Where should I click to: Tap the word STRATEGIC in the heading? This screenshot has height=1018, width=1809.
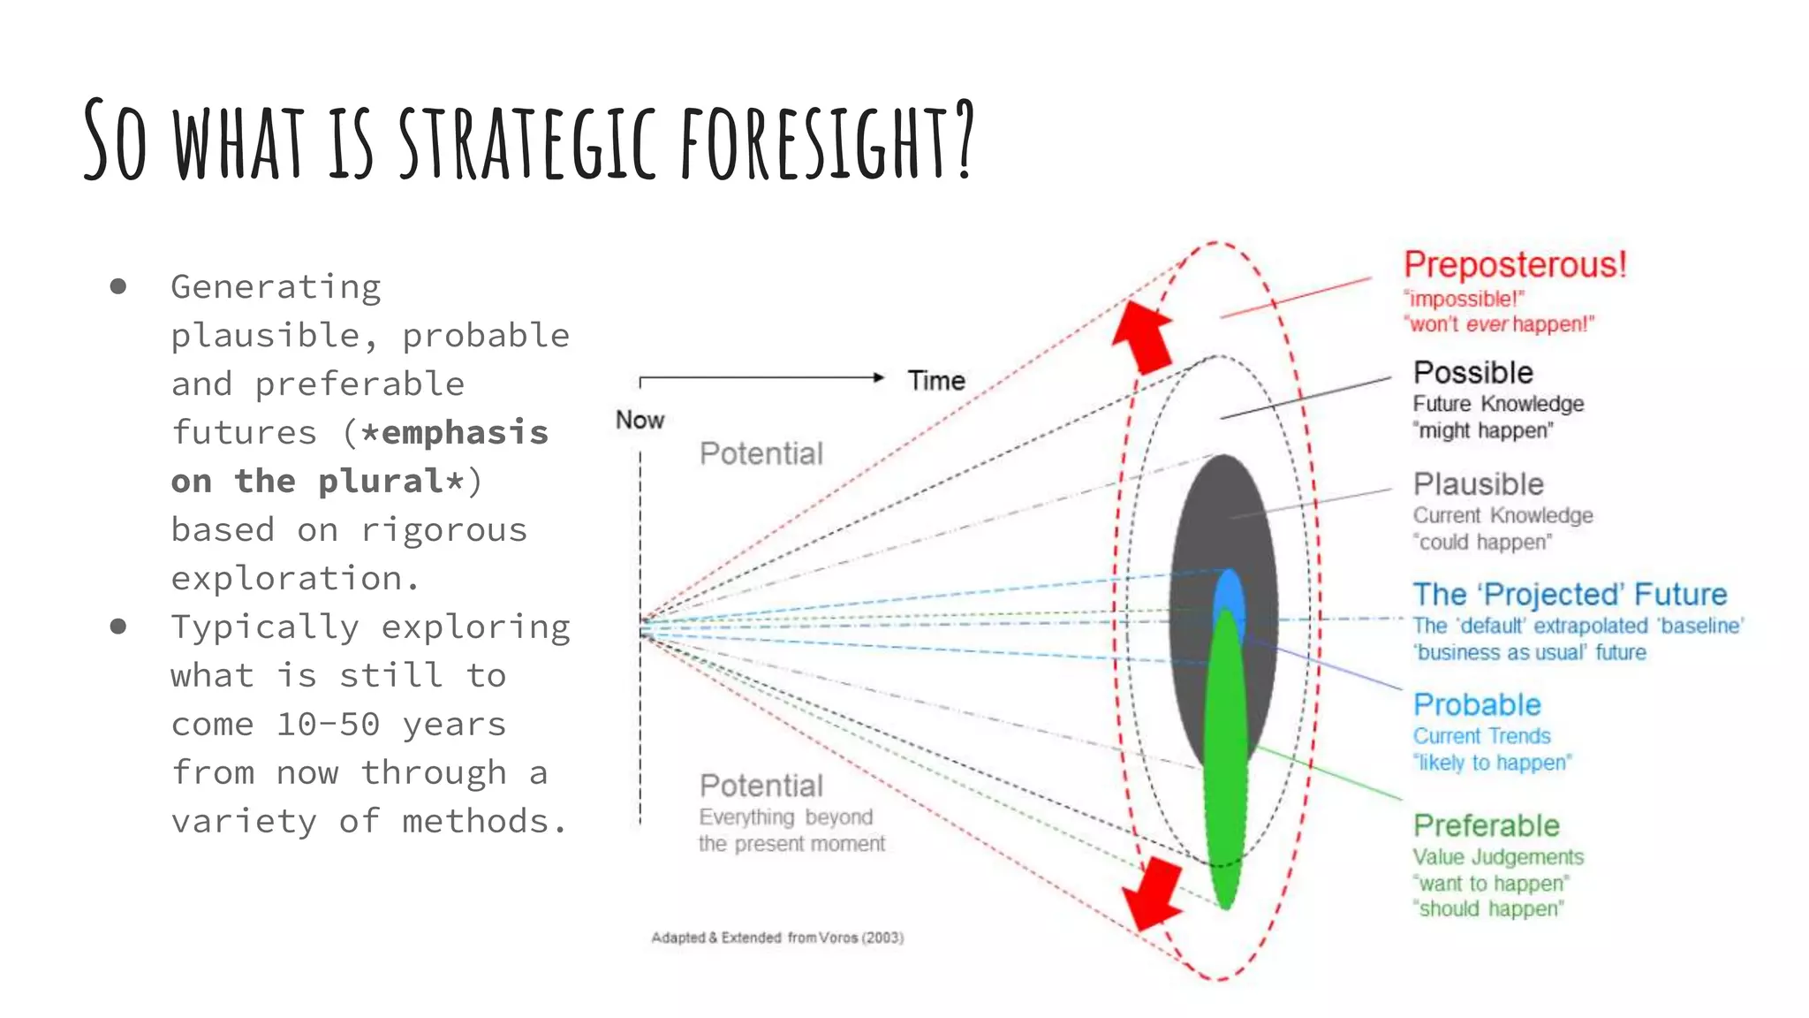pyautogui.click(x=527, y=141)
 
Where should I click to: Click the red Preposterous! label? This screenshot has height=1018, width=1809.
pyautogui.click(x=1515, y=265)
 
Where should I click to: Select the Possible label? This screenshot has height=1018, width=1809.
pyautogui.click(x=1472, y=373)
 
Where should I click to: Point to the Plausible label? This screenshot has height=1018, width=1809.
pyautogui.click(x=1478, y=484)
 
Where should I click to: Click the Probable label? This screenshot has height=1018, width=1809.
pyautogui.click(x=1477, y=705)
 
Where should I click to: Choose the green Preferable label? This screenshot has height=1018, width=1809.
pyautogui.click(x=1486, y=825)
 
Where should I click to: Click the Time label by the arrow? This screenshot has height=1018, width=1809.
pyautogui.click(x=936, y=381)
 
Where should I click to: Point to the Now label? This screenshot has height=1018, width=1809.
pyautogui.click(x=640, y=420)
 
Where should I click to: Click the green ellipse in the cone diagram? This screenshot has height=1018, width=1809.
pyautogui.click(x=1225, y=760)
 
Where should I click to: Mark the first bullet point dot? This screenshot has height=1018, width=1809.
pyautogui.click(x=118, y=286)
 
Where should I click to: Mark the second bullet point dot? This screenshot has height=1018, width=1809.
pyautogui.click(x=118, y=627)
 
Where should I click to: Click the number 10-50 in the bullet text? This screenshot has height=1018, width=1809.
pyautogui.click(x=328, y=725)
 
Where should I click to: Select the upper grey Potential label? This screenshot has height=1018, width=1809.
pyautogui.click(x=761, y=454)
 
